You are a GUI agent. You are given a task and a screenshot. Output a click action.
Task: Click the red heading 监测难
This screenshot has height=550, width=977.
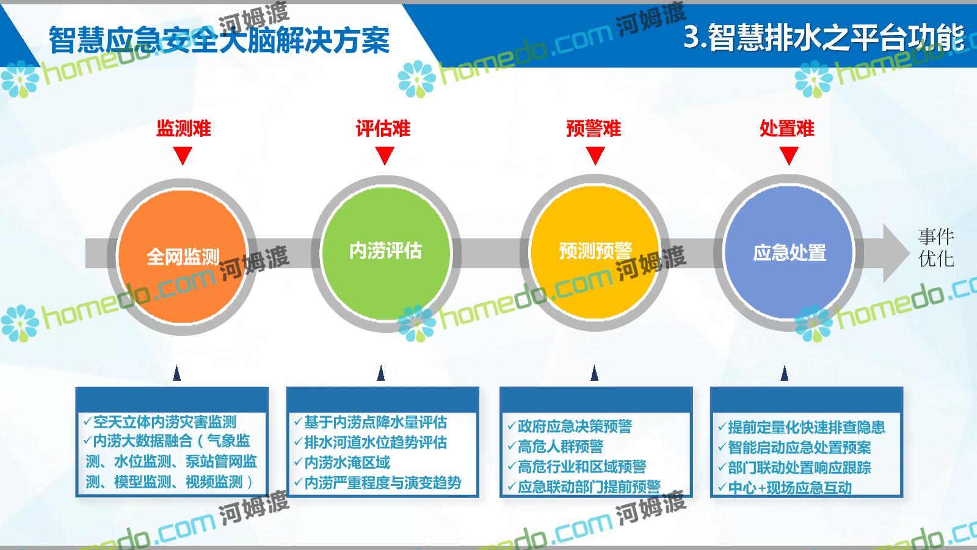[x=184, y=128]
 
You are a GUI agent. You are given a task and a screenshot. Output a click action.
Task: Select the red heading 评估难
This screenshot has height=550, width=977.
[x=383, y=128]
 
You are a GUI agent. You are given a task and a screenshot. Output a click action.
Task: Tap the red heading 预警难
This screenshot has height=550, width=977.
[x=594, y=128]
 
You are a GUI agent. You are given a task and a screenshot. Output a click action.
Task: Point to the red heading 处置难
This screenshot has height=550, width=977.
[x=787, y=128]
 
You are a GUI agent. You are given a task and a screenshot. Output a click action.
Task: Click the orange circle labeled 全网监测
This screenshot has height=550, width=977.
[x=183, y=257]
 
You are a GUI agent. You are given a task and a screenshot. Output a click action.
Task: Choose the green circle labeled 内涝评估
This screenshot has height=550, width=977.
[x=386, y=253]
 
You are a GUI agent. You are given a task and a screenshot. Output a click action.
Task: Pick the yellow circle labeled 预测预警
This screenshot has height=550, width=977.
[x=595, y=252]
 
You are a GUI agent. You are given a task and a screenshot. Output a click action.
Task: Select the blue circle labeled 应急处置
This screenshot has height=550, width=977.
[x=789, y=252]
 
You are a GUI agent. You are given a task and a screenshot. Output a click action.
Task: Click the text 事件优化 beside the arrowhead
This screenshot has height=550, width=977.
[x=936, y=248]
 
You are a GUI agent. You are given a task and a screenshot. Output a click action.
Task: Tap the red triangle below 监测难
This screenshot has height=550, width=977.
[x=183, y=155]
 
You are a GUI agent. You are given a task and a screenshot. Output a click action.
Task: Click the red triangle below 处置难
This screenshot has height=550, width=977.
[x=789, y=155]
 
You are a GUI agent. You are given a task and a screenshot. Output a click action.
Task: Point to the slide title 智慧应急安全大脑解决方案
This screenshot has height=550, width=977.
[x=219, y=40]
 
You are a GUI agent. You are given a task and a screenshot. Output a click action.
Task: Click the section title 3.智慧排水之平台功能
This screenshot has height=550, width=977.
[x=824, y=37]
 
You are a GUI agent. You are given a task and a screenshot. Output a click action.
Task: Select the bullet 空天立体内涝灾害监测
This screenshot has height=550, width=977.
[x=159, y=422]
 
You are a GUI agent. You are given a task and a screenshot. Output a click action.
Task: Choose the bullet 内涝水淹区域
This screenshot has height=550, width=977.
[x=342, y=462]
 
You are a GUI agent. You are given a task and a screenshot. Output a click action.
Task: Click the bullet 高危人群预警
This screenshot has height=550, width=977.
[x=555, y=446]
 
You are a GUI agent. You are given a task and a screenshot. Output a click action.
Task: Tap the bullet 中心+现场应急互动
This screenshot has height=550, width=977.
[x=785, y=488]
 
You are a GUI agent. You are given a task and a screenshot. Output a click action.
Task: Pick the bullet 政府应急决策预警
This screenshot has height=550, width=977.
[x=570, y=426]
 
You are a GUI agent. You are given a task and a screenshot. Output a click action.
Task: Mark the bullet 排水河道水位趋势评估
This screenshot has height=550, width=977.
[x=371, y=442]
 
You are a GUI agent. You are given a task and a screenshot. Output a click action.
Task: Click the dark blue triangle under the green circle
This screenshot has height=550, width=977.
[x=381, y=373]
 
